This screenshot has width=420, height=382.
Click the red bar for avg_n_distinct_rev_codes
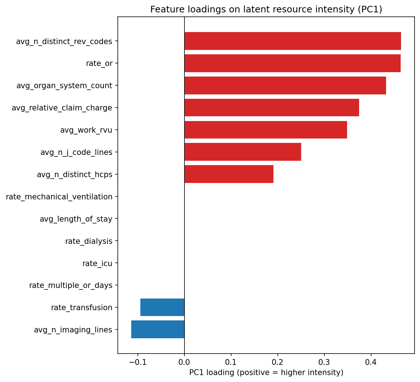tap(292, 41)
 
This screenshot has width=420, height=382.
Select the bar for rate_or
tap(292, 63)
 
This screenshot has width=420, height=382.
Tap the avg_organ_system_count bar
tap(285, 86)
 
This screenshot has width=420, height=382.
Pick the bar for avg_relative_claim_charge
tap(272, 108)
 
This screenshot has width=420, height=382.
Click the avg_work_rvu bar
tap(265, 130)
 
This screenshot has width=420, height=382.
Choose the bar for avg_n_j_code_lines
tap(243, 152)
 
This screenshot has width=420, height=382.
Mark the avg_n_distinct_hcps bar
tap(229, 174)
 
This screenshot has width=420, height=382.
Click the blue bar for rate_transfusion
tap(162, 307)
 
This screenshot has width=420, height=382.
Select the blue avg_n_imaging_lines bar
tap(158, 330)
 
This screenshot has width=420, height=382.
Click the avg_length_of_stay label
tap(76, 219)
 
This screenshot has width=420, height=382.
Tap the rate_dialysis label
tap(89, 241)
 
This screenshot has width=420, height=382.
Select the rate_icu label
tap(97, 264)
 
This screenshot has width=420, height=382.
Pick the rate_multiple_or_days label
tap(71, 285)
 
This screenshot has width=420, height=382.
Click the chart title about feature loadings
tap(266, 9)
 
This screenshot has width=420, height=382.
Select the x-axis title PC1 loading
tap(266, 373)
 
